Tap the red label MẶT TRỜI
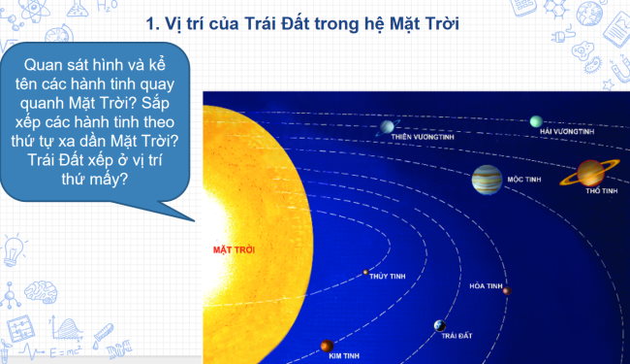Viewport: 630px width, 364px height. point(233,249)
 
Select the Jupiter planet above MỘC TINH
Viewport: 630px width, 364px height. point(487,178)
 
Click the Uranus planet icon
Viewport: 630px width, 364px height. point(388,125)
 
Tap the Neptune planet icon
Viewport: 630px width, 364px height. point(536,121)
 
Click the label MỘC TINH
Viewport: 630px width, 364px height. point(523,180)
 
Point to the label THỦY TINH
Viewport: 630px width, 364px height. point(388,277)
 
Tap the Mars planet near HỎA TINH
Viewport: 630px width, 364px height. point(506,290)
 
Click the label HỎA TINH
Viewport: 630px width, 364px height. point(486,286)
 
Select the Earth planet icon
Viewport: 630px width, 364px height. point(440,325)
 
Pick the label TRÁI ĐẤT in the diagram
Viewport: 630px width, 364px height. point(457,336)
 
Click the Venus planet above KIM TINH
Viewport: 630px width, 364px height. point(327,345)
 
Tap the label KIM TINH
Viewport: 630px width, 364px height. point(344,356)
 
